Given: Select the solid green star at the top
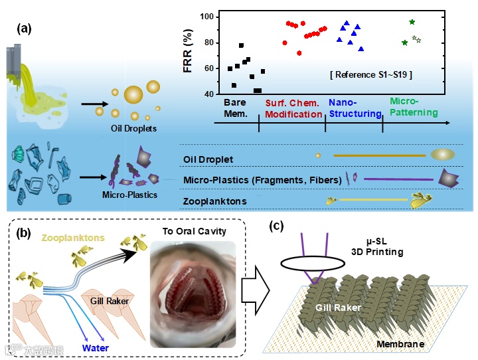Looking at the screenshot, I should [x=412, y=22].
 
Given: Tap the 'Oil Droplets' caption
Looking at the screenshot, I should [x=133, y=128].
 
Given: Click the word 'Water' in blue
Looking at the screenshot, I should [x=96, y=346].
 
